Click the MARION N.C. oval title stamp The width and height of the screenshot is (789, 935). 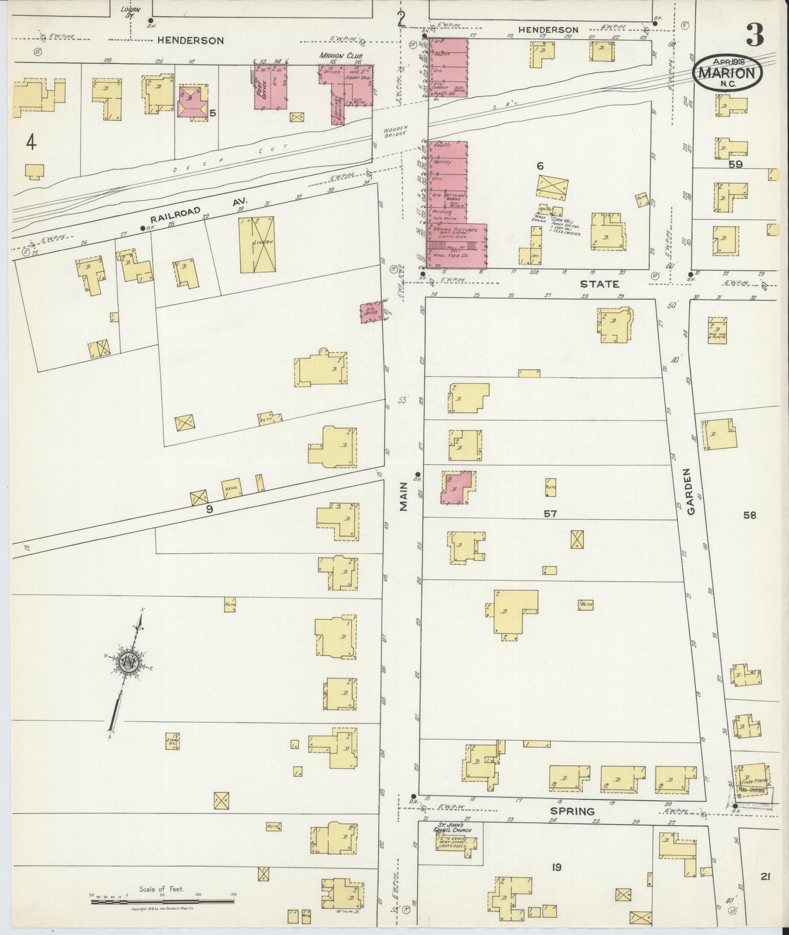(x=727, y=70)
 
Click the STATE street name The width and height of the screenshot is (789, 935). (x=599, y=284)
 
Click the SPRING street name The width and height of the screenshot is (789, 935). (x=573, y=811)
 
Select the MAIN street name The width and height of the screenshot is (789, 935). (x=404, y=499)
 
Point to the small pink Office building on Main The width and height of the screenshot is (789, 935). (x=372, y=311)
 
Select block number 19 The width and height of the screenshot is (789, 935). (x=556, y=867)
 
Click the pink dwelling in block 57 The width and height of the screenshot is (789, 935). (x=457, y=487)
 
